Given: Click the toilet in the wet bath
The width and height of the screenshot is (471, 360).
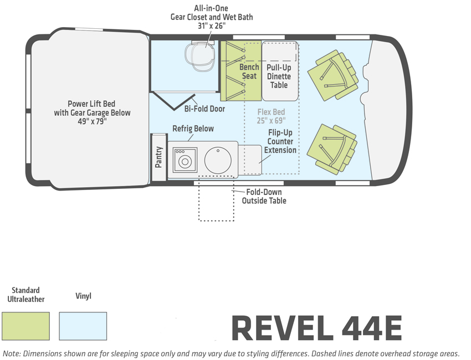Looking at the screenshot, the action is pos(199,56).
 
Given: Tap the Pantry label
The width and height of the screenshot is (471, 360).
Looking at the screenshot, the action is pos(158,157).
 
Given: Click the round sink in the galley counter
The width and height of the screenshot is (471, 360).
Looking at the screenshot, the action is pos(218,160).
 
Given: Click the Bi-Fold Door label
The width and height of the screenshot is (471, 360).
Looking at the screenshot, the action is pos(204,109).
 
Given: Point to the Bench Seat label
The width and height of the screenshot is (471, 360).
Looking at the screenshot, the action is pos(249,71).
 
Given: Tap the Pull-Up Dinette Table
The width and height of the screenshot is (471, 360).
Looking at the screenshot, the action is pos(280,71).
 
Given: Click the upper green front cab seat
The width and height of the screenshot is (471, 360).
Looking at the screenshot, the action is pos(333,76).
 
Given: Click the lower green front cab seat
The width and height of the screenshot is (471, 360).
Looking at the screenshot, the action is pos(332,149).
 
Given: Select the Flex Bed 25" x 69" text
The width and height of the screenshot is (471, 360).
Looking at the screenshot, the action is pos(272,116).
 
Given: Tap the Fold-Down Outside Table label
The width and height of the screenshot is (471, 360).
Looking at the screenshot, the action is pos(264,197).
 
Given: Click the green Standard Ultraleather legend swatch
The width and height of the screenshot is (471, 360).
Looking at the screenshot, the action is pos(25,326).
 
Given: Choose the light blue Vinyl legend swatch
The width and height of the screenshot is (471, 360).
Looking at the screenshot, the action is pos(83,326).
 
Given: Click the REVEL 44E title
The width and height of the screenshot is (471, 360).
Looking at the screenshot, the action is pos(316,328).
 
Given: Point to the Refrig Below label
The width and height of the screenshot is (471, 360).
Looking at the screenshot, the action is pos(193,128).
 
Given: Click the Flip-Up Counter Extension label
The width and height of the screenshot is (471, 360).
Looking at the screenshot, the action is pos(280,141).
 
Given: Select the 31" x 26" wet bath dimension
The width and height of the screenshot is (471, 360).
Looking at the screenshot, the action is pos(212,26).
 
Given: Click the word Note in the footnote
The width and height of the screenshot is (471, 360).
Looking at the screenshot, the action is pos(11,353).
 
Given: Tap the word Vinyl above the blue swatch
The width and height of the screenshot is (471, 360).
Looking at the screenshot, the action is pos(83,296).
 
